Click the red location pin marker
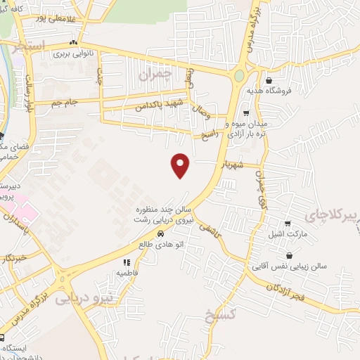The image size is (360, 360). pos(181,165)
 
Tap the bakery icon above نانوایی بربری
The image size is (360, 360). pos(74,43)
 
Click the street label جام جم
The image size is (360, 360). pos(65,103)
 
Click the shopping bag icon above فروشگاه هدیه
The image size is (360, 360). pos(269,81)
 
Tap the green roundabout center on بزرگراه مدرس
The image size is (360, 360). pos(240,75)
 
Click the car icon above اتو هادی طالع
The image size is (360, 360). pos(161,233)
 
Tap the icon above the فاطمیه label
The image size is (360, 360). pos(117,262)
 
